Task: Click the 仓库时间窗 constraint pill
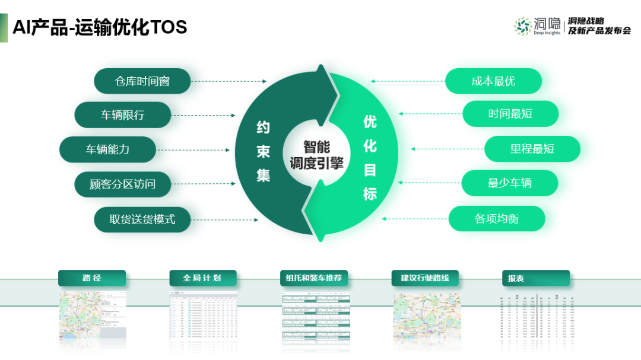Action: pyautogui.click(x=142, y=81)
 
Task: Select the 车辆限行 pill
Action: pyautogui.click(x=122, y=115)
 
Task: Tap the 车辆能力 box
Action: pyautogui.click(x=107, y=149)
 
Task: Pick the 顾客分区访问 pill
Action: pyautogui.click(x=122, y=184)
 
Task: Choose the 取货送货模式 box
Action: pyautogui.click(x=142, y=219)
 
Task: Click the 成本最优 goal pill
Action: pyautogui.click(x=493, y=81)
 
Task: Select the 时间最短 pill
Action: pyautogui.click(x=510, y=114)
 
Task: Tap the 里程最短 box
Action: pyautogui.click(x=532, y=149)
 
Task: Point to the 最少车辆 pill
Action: pyautogui.click(x=509, y=183)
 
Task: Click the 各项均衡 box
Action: pyautogui.click(x=496, y=219)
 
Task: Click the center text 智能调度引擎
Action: pyautogui.click(x=316, y=155)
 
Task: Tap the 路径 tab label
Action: pyautogui.click(x=92, y=278)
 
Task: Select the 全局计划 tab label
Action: pyautogui.click(x=202, y=278)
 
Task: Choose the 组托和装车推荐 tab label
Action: pyautogui.click(x=313, y=278)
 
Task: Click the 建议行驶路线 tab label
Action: pyautogui.click(x=425, y=278)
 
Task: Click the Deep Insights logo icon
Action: pyautogui.click(x=523, y=26)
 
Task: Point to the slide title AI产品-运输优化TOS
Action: pyautogui.click(x=100, y=27)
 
